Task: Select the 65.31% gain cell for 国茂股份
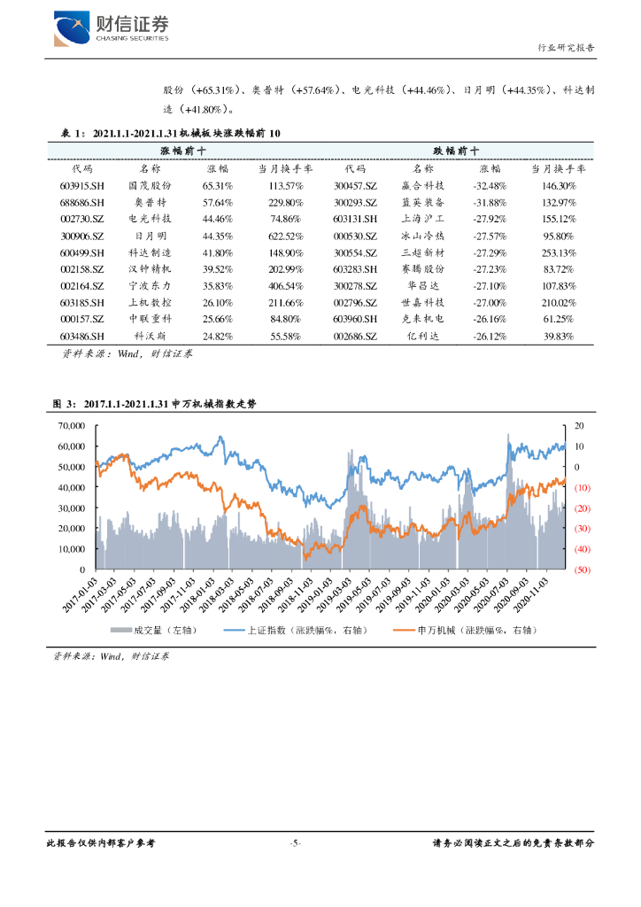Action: [217, 186]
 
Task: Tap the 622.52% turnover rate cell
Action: [285, 236]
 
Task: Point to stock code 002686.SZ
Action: [356, 337]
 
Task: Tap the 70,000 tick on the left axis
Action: [70, 426]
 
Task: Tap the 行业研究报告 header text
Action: [567, 48]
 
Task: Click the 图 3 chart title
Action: [154, 404]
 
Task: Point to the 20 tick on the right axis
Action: [579, 426]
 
